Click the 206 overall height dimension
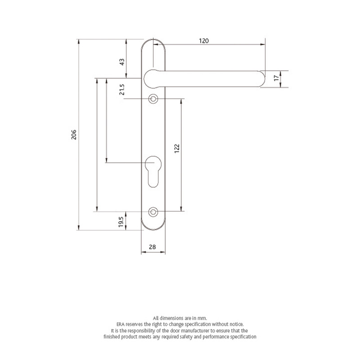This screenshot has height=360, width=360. click(75, 135)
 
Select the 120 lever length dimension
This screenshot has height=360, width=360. click(204, 40)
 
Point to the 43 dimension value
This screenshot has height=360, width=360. click(121, 62)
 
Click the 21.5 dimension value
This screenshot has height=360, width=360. click(121, 90)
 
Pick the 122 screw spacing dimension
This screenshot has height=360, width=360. click(177, 149)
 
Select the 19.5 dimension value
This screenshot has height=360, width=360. click(121, 222)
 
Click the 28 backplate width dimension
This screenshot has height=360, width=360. click(152, 246)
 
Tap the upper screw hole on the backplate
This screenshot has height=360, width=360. click(154, 99)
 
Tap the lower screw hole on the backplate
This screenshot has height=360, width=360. click(154, 211)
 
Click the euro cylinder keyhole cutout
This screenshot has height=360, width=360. click(153, 170)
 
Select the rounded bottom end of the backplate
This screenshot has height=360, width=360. click(153, 227)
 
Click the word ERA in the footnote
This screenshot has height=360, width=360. click(120, 324)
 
